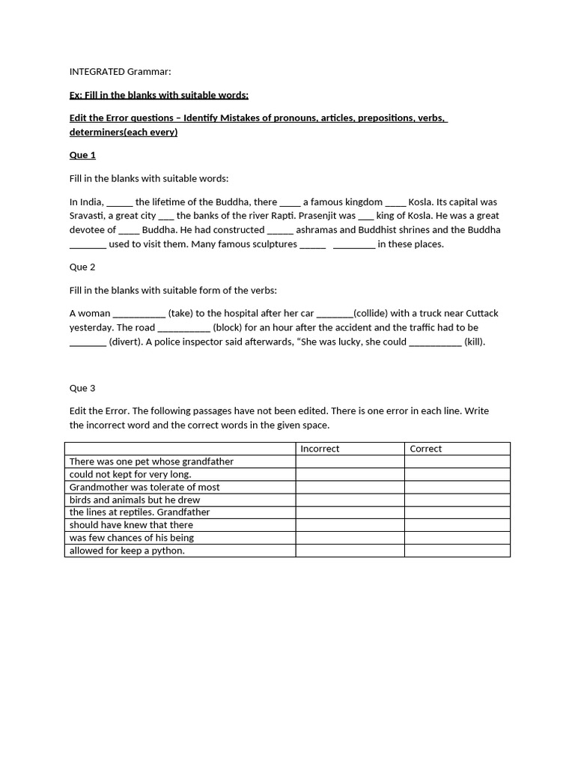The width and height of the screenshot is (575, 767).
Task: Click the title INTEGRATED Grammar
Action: point(120,72)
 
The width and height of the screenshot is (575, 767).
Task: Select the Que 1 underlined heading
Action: point(82,155)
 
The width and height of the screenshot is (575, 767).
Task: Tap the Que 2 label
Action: point(82,267)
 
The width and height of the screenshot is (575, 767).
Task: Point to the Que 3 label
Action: point(82,388)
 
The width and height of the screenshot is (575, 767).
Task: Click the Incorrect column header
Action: point(320,449)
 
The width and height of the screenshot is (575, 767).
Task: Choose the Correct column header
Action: point(426,449)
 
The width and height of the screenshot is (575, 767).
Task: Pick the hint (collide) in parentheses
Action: point(375,313)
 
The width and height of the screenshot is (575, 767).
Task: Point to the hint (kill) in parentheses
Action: point(475,342)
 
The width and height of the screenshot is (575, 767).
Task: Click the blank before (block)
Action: point(184,327)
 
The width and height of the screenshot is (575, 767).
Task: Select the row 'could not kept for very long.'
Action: point(130,474)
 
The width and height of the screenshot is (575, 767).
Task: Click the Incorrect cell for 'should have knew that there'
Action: point(350,525)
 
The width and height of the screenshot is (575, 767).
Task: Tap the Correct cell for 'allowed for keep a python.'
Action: point(457,551)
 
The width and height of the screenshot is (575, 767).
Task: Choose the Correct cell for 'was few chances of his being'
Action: point(457,538)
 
